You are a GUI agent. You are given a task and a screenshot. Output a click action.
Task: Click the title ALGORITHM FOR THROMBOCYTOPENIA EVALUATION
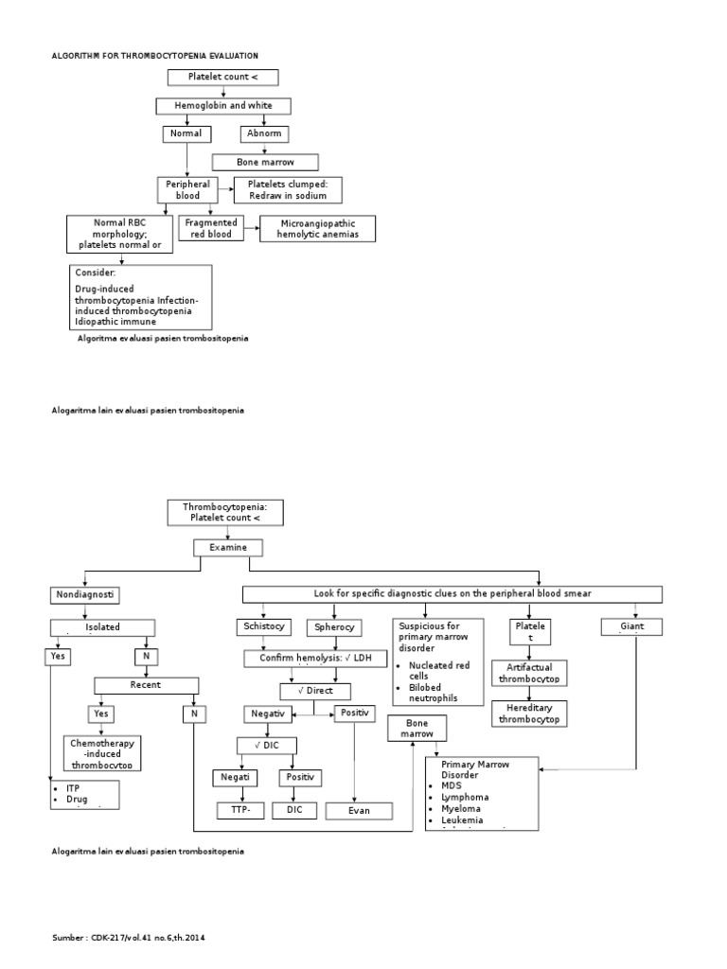pyautogui.click(x=154, y=57)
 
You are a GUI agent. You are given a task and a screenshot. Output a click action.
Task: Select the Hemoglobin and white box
pyautogui.click(x=224, y=106)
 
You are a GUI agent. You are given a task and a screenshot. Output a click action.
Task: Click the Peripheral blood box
pyautogui.click(x=187, y=189)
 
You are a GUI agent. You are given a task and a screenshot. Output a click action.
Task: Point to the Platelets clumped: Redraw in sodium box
pyautogui.click(x=287, y=189)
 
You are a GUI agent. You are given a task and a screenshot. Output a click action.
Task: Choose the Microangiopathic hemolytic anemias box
pyautogui.click(x=310, y=229)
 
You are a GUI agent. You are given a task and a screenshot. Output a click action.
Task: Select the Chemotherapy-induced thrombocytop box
pyautogui.click(x=102, y=752)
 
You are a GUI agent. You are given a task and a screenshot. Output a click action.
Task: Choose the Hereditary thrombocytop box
pyautogui.click(x=529, y=714)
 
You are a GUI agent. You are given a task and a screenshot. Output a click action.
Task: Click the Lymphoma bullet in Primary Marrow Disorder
pyautogui.click(x=466, y=797)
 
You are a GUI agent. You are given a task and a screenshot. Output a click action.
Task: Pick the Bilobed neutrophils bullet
pyautogui.click(x=436, y=692)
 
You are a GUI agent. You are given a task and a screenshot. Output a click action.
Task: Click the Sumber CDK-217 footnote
pyautogui.click(x=128, y=937)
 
